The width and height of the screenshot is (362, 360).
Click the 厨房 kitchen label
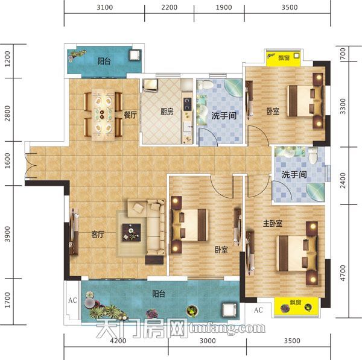[167, 112]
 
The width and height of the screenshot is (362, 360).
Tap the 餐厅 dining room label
[130, 115]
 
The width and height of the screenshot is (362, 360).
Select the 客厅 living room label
[98, 235]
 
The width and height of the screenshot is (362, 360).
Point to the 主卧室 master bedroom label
[273, 223]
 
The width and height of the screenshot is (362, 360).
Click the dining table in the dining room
[103, 114]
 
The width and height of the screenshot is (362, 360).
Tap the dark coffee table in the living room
[132, 232]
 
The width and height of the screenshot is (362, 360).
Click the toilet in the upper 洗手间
[206, 84]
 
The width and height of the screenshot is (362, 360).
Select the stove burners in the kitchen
[187, 104]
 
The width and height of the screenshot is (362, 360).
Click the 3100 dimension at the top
[105, 7]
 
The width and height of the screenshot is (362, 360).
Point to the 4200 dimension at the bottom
[118, 341]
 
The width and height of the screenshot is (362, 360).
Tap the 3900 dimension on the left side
[8, 234]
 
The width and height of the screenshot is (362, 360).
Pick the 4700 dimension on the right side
[343, 273]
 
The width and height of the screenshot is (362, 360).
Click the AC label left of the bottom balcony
[72, 300]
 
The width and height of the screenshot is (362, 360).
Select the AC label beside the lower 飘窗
[258, 310]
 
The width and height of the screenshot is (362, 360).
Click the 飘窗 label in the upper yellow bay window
[284, 57]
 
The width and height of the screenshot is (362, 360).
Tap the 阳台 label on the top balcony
[104, 61]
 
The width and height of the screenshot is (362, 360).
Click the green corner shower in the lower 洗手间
[316, 192]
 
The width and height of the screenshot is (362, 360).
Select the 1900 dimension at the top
[224, 7]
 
